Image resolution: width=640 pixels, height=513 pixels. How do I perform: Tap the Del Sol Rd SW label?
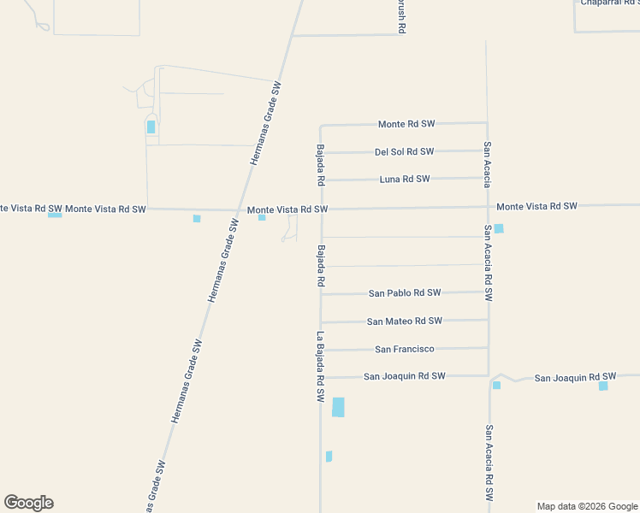[404, 152]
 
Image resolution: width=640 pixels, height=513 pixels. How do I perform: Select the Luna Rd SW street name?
[405, 180]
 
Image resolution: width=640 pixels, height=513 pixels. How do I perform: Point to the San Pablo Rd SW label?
[405, 293]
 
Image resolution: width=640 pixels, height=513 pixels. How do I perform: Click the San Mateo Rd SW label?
[404, 321]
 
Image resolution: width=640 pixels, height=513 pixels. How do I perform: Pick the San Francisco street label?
[405, 349]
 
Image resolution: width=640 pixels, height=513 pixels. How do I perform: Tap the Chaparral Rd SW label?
[610, 3]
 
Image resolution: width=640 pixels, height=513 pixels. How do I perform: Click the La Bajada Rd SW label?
[321, 367]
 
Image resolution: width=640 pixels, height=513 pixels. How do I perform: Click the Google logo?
[28, 503]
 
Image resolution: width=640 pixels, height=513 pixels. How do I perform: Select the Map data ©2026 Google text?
[587, 506]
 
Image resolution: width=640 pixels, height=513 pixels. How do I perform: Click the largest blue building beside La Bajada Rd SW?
[338, 407]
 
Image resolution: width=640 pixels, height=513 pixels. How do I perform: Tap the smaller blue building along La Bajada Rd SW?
[329, 457]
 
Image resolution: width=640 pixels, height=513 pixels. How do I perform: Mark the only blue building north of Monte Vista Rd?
[151, 127]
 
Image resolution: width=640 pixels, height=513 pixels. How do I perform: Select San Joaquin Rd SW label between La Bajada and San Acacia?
[404, 376]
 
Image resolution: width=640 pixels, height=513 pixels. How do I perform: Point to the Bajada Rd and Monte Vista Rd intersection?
[321, 209]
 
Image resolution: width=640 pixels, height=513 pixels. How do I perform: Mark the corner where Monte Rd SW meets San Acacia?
[486, 123]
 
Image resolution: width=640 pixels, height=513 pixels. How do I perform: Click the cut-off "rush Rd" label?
[400, 16]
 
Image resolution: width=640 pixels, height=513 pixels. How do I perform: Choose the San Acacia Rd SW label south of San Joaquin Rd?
[489, 463]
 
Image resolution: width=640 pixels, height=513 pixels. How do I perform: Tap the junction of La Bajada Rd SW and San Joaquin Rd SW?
[321, 377]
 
